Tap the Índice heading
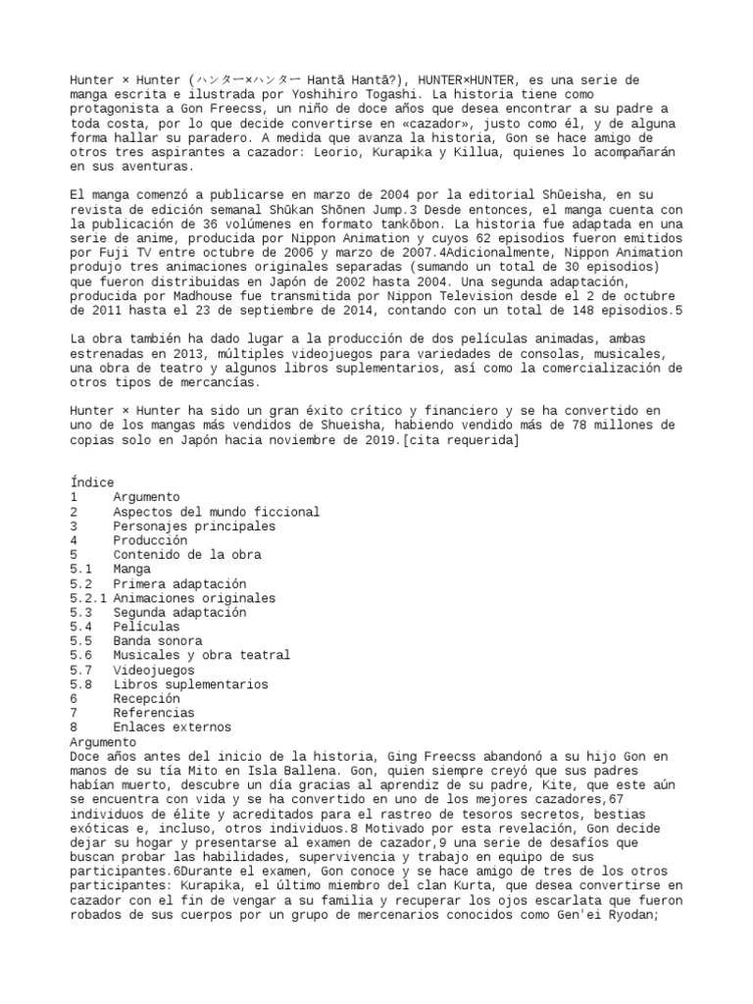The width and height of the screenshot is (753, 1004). point(92,483)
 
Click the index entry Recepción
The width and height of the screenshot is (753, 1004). point(147,699)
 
